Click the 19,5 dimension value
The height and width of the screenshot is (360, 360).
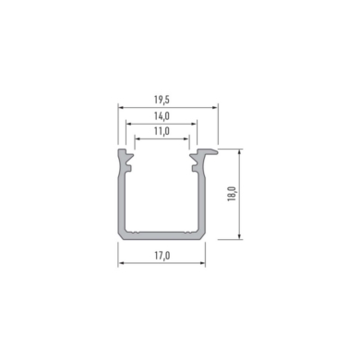162,100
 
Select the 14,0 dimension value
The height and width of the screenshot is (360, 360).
162,116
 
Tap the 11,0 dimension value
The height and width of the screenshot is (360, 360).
162,131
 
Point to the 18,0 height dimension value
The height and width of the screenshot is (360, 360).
232,194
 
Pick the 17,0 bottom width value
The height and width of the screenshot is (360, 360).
162,256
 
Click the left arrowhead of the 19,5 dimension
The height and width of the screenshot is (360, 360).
120,108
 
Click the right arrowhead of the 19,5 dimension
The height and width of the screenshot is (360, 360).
215,108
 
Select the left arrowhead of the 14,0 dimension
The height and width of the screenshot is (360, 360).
128,124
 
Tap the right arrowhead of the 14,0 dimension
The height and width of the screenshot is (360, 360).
194,124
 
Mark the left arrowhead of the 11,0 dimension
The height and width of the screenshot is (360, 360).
138,139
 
